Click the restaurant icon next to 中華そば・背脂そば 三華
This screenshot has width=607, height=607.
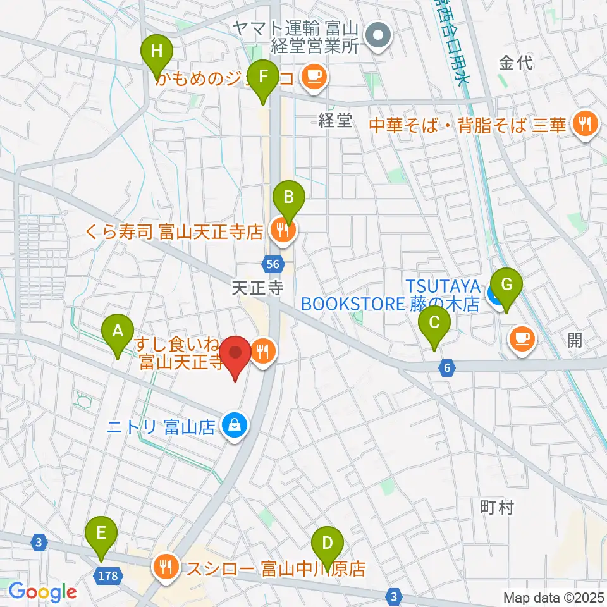pos(585,123)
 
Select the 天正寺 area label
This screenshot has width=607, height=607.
pos(257,289)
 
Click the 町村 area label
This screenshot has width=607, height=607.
pos(497,506)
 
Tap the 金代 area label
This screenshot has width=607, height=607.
pos(515,63)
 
